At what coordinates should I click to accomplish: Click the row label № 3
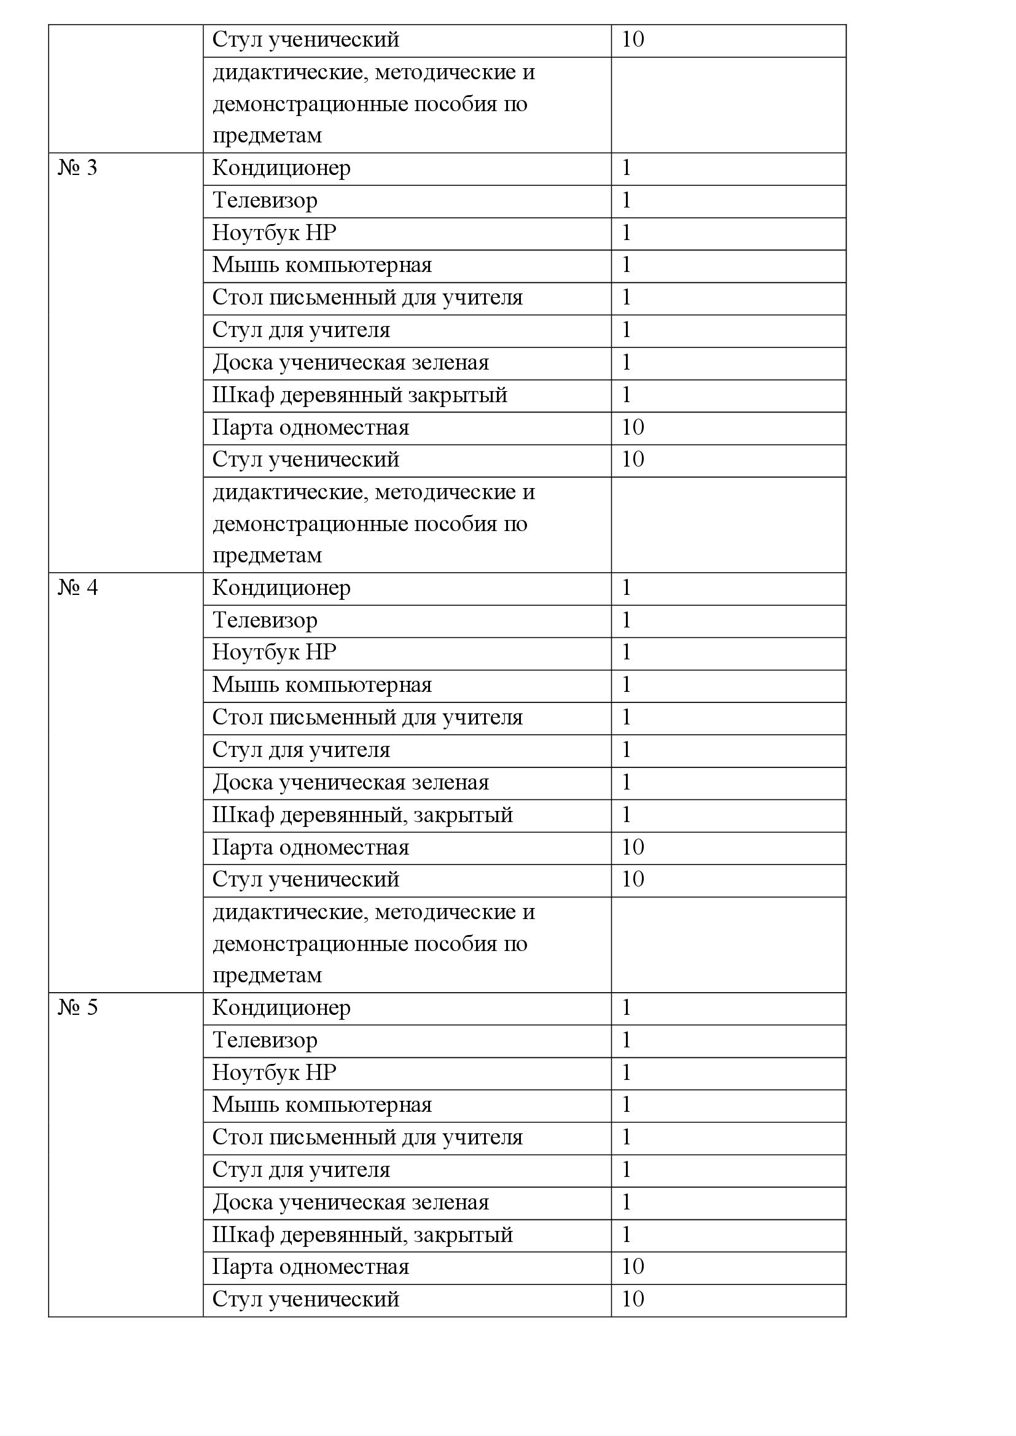77,168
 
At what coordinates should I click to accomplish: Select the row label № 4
77,588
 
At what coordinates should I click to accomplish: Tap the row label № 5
77,1007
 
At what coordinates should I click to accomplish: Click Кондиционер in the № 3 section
281,168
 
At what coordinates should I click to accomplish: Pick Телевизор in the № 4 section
265,621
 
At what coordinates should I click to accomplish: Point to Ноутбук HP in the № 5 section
274,1073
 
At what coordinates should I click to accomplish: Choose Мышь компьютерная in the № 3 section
321,265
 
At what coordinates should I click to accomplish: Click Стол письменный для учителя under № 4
367,717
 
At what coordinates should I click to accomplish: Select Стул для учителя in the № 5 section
301,1170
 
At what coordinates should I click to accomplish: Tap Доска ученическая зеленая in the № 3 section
350,363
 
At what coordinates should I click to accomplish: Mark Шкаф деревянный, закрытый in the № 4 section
362,815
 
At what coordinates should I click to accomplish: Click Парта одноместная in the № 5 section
310,1267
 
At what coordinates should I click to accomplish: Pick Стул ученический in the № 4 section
305,879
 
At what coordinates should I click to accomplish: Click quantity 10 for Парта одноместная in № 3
633,427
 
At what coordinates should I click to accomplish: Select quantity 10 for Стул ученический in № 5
633,1299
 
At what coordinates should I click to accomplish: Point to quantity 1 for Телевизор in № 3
626,201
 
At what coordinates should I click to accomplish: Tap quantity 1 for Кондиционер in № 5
626,1007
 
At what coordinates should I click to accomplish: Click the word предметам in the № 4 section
267,975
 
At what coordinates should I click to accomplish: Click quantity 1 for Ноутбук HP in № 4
626,653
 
